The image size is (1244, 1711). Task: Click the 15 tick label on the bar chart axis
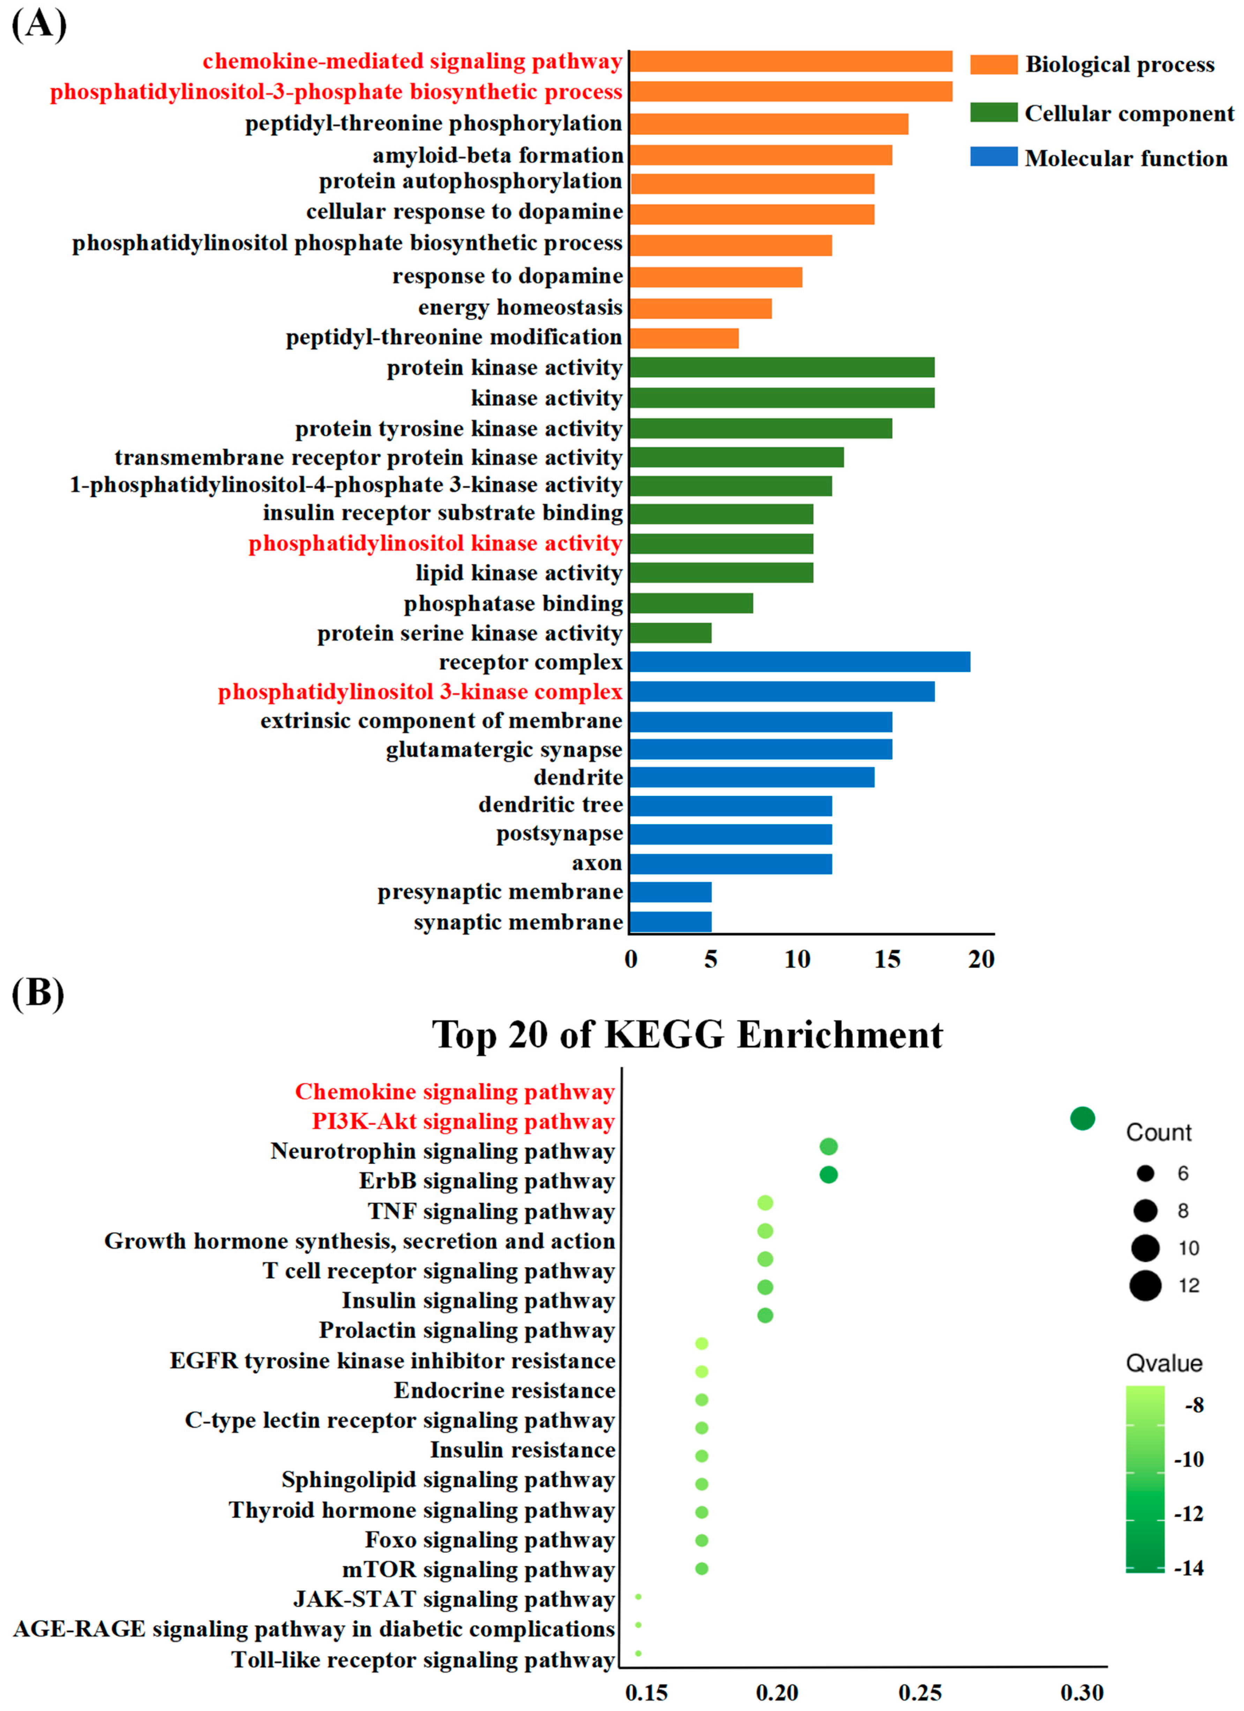pos(887,959)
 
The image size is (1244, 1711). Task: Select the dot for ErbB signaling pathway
pos(828,1175)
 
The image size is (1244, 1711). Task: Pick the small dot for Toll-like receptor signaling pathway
pos(638,1653)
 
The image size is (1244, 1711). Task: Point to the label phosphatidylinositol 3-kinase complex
pos(420,692)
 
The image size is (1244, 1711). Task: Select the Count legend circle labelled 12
pos(1145,1285)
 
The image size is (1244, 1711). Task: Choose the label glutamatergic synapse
pos(504,750)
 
